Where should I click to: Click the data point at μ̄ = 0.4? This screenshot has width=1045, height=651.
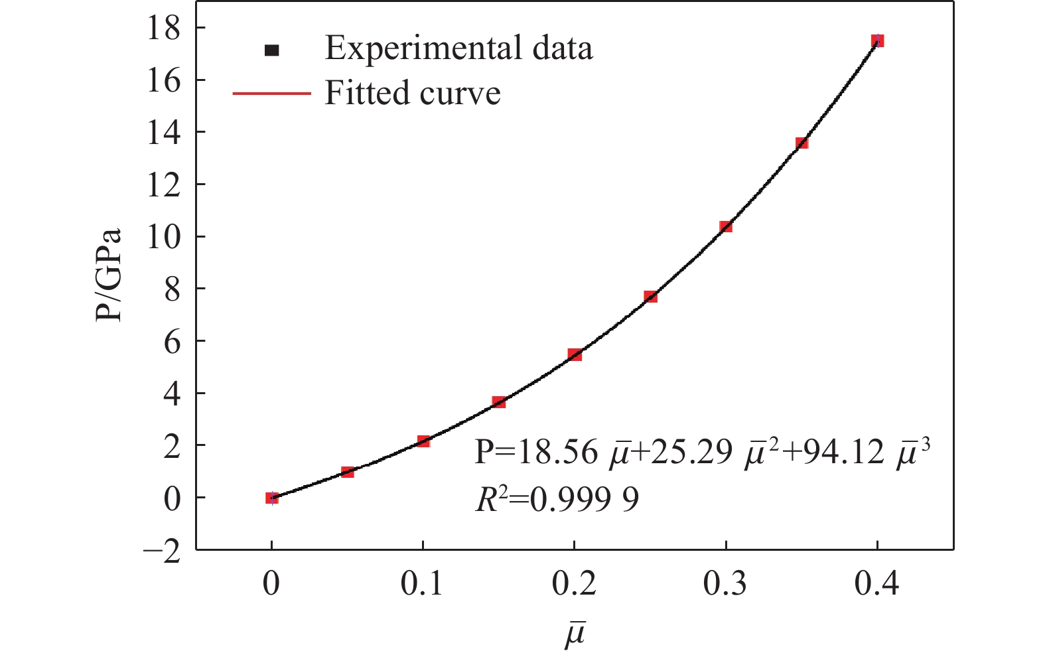(x=877, y=41)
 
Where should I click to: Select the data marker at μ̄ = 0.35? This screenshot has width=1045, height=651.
(x=801, y=143)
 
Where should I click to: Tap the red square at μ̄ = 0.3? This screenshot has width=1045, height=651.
(x=726, y=227)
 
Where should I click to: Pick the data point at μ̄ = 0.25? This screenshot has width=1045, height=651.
(x=650, y=297)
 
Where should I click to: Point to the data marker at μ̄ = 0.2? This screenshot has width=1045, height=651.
(x=575, y=355)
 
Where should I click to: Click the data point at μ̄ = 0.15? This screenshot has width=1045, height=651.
(x=499, y=402)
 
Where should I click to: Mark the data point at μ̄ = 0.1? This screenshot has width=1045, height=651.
(x=423, y=441)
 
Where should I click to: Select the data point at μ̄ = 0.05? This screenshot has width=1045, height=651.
(x=348, y=472)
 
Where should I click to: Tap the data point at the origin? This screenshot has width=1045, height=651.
(x=272, y=498)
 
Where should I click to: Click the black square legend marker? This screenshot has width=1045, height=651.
(x=271, y=50)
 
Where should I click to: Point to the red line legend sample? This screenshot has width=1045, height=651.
(x=271, y=94)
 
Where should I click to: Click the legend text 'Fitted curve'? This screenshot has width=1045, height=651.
(x=412, y=94)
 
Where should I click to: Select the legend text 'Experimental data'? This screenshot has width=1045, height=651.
(x=458, y=48)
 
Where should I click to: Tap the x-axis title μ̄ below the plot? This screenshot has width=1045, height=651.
(x=575, y=633)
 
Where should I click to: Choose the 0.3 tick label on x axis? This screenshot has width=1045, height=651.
(x=725, y=585)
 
